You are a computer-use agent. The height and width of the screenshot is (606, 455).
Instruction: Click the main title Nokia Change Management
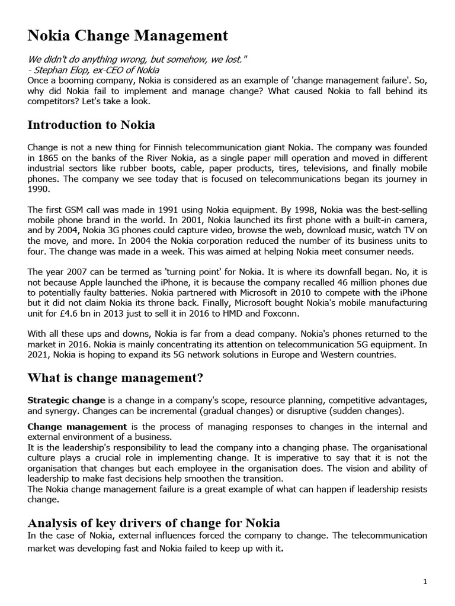pos(127,36)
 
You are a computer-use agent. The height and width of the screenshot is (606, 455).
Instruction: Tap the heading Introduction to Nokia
pos(91,125)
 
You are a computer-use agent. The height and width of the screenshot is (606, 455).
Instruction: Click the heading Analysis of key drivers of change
pos(154,523)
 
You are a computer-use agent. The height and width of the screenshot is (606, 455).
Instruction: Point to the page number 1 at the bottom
pos(425,582)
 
